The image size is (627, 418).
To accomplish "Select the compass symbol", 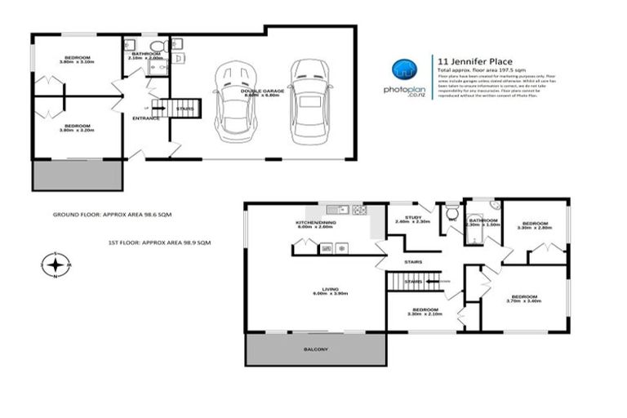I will click(x=56, y=265).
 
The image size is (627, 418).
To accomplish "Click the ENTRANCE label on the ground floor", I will click(x=145, y=119).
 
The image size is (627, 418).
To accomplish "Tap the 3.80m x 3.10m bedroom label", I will click(x=78, y=59).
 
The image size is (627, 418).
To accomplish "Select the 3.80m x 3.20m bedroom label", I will click(x=78, y=128).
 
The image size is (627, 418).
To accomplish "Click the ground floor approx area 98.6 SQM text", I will click(x=113, y=214).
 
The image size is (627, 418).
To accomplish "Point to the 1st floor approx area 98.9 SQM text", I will click(x=160, y=242).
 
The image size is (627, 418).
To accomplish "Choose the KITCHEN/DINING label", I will click(x=314, y=225).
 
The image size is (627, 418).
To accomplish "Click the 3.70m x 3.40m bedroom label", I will click(x=523, y=299).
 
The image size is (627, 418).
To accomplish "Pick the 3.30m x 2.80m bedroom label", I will click(x=535, y=225).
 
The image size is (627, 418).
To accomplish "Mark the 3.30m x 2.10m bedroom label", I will click(x=425, y=313).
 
